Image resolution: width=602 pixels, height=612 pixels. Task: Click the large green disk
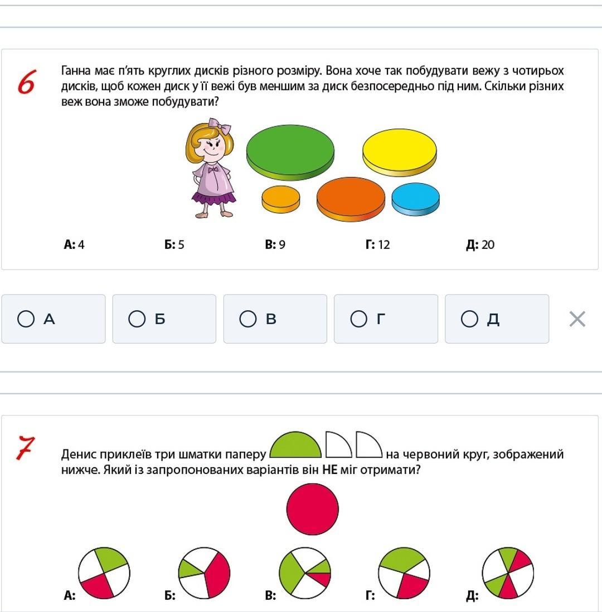click(x=290, y=152)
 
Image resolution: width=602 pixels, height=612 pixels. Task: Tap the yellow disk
click(x=399, y=153)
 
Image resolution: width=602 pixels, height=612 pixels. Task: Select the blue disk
click(x=416, y=199)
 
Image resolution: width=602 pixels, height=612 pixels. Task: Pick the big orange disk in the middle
click(x=351, y=199)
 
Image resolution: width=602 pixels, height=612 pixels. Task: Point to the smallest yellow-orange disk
click(x=281, y=199)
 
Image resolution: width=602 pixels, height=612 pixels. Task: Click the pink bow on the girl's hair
click(x=220, y=126)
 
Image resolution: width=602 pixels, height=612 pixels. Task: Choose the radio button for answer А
click(x=26, y=319)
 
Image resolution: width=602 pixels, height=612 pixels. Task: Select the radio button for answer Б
click(x=137, y=319)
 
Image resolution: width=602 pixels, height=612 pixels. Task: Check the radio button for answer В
click(x=247, y=319)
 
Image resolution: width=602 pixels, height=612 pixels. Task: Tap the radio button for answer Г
click(x=358, y=319)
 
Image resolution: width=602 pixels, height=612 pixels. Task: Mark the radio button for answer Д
click(x=469, y=319)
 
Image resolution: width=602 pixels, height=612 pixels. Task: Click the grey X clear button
click(x=577, y=319)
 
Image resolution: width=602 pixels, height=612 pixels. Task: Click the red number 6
click(x=27, y=82)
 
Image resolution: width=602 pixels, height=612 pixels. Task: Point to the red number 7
click(x=26, y=448)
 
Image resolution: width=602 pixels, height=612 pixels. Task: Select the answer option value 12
click(x=384, y=244)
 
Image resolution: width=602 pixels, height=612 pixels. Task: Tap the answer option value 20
click(x=488, y=244)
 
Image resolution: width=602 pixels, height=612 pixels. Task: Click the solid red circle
click(x=313, y=509)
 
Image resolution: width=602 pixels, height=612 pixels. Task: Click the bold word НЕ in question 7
click(x=330, y=469)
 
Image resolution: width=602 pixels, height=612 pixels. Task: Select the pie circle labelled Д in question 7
click(x=508, y=573)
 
